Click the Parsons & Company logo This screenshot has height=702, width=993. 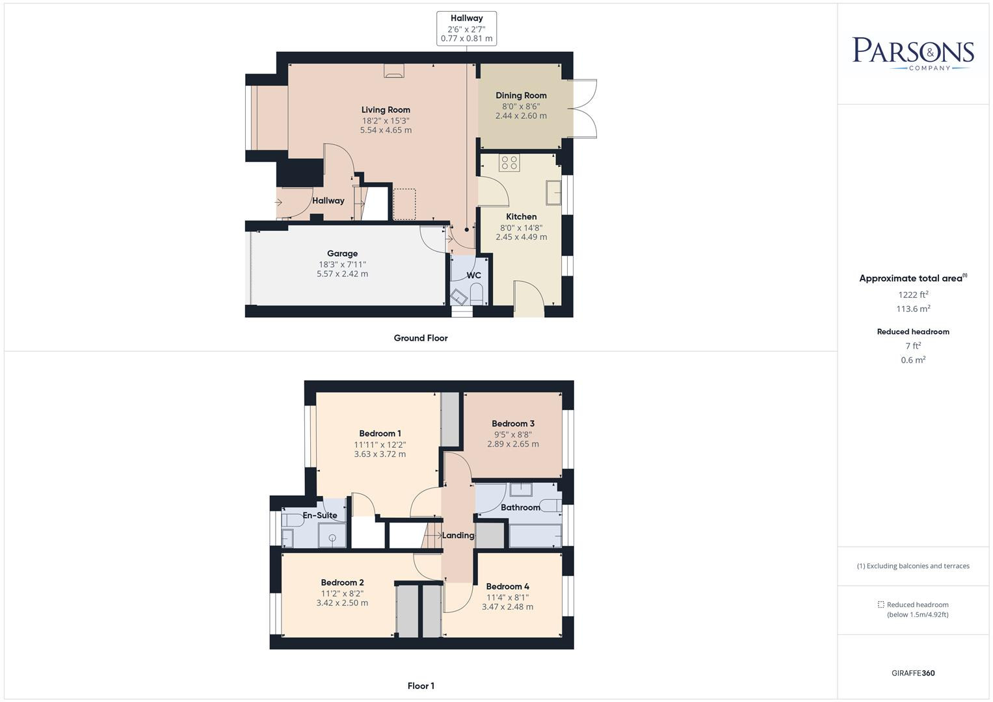[913, 53]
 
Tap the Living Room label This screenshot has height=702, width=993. [386, 110]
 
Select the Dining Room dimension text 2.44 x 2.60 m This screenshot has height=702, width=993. [521, 116]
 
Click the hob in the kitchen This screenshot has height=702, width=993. [509, 162]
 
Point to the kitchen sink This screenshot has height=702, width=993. [553, 192]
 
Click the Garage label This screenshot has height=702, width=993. [342, 253]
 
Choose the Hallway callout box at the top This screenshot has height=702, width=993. [466, 29]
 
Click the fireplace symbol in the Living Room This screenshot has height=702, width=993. [393, 71]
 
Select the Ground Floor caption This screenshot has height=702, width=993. [421, 338]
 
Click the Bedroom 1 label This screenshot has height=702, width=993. [380, 434]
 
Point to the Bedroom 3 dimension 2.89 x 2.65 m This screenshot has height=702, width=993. [513, 444]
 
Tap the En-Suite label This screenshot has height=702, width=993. [320, 515]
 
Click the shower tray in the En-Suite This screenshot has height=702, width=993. [332, 537]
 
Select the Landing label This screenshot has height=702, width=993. [458, 536]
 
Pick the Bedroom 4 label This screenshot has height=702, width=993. [508, 586]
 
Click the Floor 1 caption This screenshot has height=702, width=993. [421, 686]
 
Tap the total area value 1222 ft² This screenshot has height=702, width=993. [913, 294]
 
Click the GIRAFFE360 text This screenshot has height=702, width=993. [913, 673]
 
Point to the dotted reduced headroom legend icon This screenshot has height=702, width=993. [881, 604]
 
